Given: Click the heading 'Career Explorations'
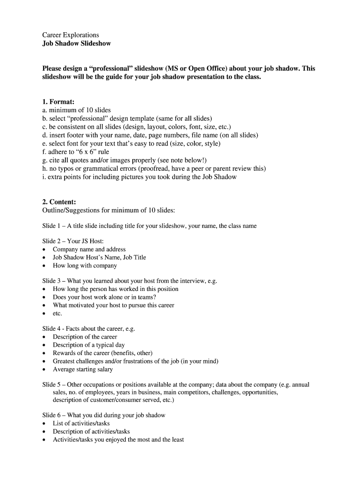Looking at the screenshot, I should (71, 35).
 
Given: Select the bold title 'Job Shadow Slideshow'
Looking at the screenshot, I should (77, 44).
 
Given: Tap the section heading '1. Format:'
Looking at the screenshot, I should (58, 102).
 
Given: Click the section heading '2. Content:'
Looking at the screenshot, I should (59, 202).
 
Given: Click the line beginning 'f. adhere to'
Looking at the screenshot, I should (76, 152).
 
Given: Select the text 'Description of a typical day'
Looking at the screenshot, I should (89, 345).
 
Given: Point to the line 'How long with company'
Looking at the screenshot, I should (85, 266).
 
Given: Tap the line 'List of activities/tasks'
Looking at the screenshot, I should (81, 423).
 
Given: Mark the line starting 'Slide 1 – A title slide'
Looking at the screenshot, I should (150, 226).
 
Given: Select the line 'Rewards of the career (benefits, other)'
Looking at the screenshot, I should (103, 353).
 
